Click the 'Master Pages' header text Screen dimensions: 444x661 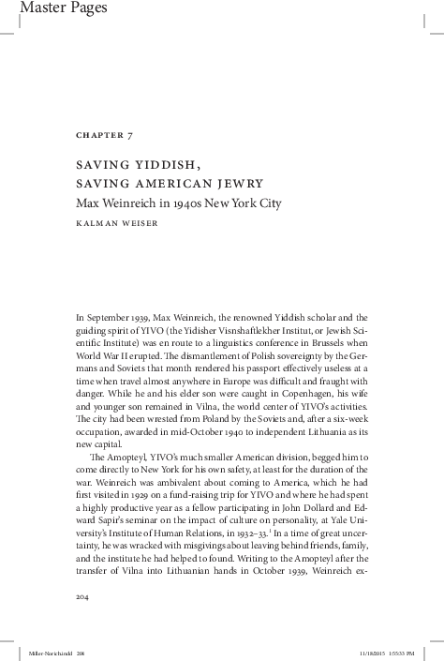(43, 8)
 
